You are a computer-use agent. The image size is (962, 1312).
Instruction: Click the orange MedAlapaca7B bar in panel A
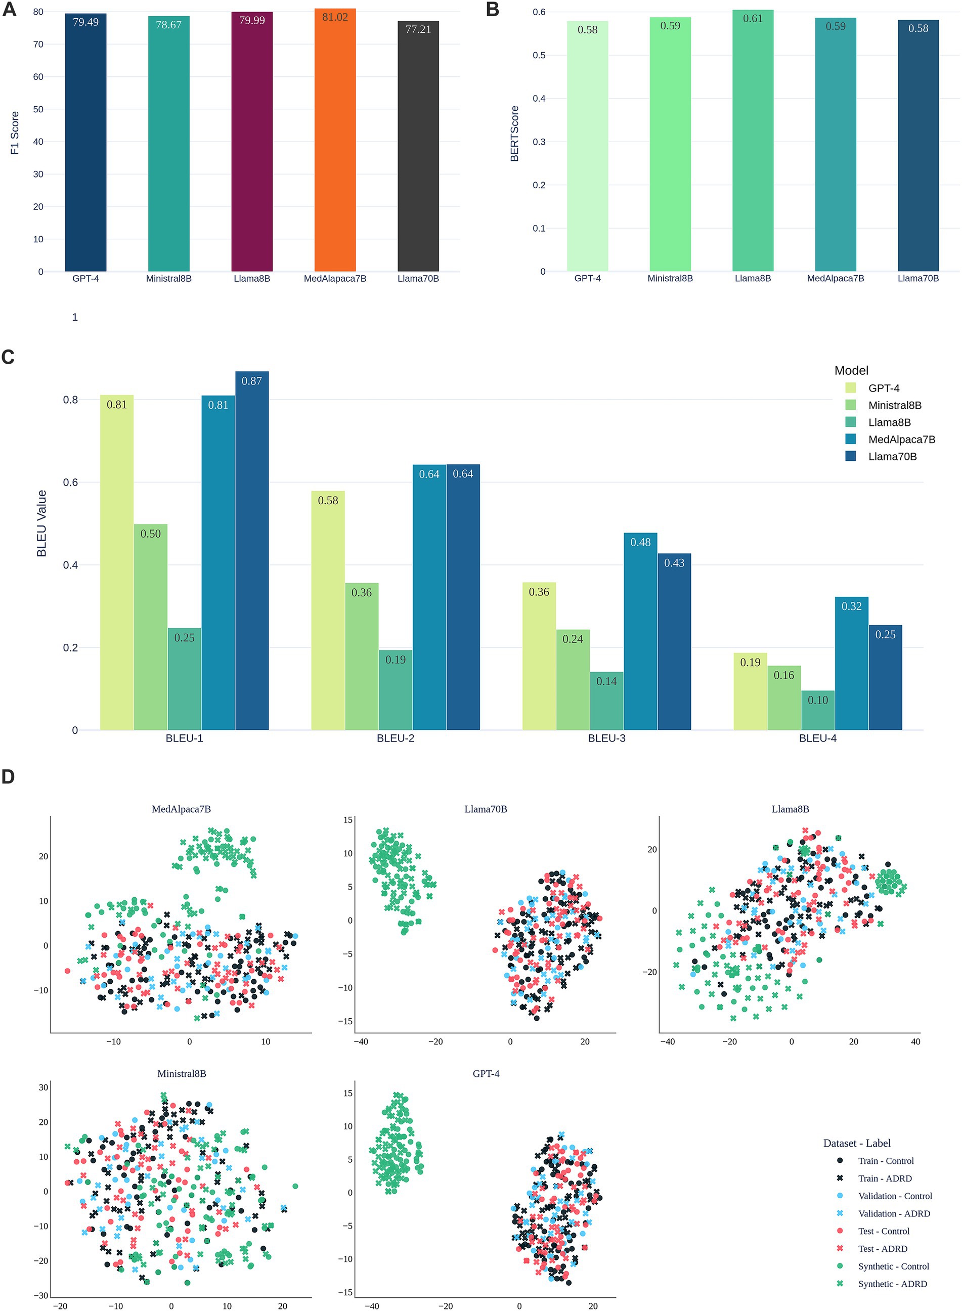[x=335, y=140]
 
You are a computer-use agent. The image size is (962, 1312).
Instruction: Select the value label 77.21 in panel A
[x=418, y=29]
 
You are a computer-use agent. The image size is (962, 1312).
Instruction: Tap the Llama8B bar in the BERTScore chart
[x=753, y=140]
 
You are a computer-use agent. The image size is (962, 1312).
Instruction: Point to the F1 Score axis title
[x=15, y=133]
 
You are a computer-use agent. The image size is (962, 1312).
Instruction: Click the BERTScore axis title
[x=514, y=134]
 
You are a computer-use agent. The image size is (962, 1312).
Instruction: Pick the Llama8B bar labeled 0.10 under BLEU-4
[x=817, y=710]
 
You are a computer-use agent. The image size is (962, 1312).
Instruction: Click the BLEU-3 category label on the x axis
[x=606, y=738]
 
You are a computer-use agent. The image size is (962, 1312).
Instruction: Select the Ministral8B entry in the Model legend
[x=894, y=405]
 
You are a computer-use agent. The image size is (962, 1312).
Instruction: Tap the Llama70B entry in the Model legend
[x=892, y=457]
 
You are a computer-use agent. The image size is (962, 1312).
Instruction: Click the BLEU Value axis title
[x=42, y=523]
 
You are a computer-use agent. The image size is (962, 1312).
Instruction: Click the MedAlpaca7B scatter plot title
[x=181, y=809]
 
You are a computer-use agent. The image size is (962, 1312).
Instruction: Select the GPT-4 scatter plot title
[x=486, y=1073]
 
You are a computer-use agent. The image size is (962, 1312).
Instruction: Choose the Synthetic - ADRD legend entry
[x=892, y=1284]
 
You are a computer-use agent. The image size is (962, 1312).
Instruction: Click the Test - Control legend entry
[x=884, y=1231]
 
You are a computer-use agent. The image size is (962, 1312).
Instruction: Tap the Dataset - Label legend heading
[x=857, y=1143]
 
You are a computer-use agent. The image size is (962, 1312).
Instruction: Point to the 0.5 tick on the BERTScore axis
[x=539, y=55]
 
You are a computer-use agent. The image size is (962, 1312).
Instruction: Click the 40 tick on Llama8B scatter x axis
[x=915, y=1041]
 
